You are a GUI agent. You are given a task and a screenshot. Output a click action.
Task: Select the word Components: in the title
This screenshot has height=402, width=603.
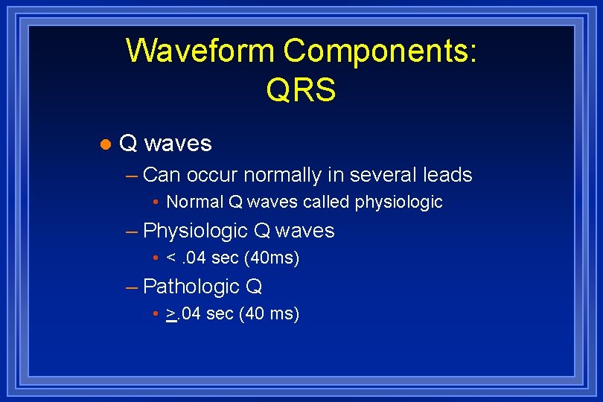tap(380, 51)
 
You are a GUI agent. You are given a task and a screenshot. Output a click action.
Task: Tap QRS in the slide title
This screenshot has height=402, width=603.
tap(301, 90)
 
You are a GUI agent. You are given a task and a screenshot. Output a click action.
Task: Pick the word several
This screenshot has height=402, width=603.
tap(382, 175)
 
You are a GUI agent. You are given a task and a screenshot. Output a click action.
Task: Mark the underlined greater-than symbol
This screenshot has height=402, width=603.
tap(171, 314)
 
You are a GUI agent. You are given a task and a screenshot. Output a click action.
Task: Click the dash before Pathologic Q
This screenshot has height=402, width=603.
tap(133, 287)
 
